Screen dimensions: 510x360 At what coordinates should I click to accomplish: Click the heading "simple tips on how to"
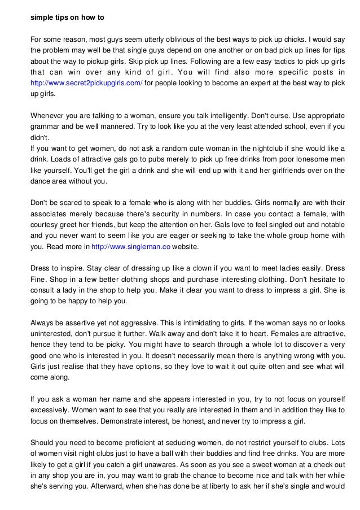pos(67,17)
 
